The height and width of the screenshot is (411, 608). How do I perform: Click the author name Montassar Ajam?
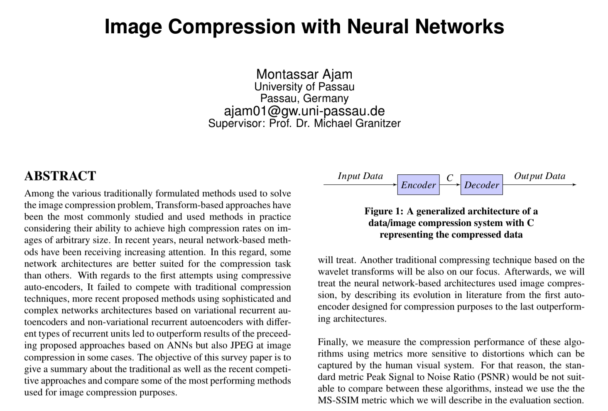[304, 74]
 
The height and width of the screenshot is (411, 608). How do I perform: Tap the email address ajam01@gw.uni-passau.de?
[304, 111]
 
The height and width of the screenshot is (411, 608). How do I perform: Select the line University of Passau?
[304, 87]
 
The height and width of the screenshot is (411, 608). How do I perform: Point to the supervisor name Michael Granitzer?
[357, 123]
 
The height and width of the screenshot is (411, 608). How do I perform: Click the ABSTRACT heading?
[60, 176]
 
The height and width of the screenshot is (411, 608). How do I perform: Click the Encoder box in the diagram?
[418, 185]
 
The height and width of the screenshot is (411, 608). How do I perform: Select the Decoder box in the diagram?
[481, 185]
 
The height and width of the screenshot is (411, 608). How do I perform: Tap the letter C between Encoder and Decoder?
[450, 178]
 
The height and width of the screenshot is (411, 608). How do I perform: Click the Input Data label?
[360, 176]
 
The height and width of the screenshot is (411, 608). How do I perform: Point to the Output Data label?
[539, 176]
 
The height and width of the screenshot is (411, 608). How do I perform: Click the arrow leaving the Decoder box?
[539, 185]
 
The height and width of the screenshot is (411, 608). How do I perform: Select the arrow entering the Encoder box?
[360, 185]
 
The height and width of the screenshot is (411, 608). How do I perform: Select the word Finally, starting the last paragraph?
[333, 342]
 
